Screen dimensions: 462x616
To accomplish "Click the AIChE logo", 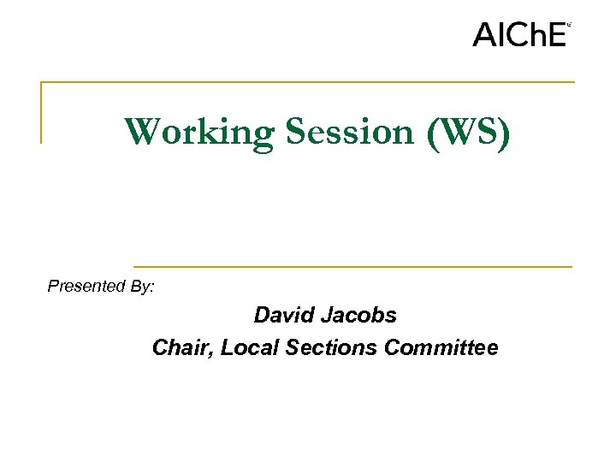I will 520,34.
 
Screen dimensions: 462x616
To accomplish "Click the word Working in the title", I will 198,133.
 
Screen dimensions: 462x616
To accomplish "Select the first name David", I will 282,315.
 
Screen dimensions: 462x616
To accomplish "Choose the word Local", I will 248,347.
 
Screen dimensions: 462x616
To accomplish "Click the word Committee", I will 441,347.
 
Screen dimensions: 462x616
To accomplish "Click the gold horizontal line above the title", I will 308,82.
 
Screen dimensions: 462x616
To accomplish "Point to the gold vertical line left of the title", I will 41,112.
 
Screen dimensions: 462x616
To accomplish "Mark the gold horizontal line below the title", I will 352,266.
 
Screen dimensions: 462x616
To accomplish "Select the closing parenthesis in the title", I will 504,133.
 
